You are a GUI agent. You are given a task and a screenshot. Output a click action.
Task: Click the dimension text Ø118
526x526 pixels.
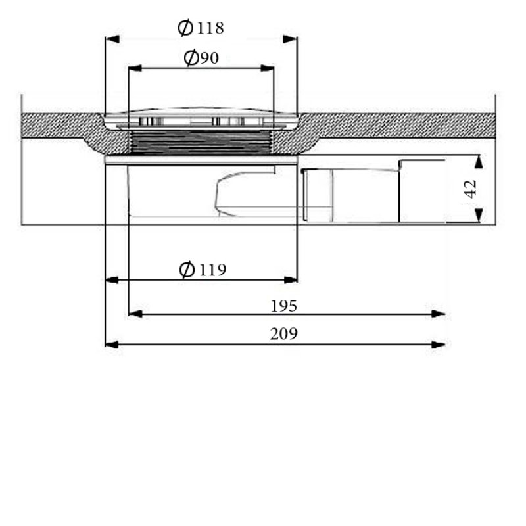(x=201, y=28)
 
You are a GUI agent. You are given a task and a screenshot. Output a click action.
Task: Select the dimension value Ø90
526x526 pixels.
(x=201, y=59)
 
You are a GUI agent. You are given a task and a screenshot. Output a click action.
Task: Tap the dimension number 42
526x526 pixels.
(x=469, y=189)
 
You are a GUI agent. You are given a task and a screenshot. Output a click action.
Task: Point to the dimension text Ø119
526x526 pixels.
(x=202, y=270)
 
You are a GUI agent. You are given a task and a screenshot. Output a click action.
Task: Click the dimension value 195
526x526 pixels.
(x=284, y=306)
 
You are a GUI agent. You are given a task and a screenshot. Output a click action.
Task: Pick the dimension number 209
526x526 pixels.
(x=284, y=334)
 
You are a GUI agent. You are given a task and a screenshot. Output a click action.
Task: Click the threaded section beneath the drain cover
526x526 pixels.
(x=201, y=141)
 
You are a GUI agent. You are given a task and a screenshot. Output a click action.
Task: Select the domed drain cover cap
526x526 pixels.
(x=201, y=116)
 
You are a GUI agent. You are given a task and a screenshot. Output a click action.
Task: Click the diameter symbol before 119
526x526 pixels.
(x=187, y=270)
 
